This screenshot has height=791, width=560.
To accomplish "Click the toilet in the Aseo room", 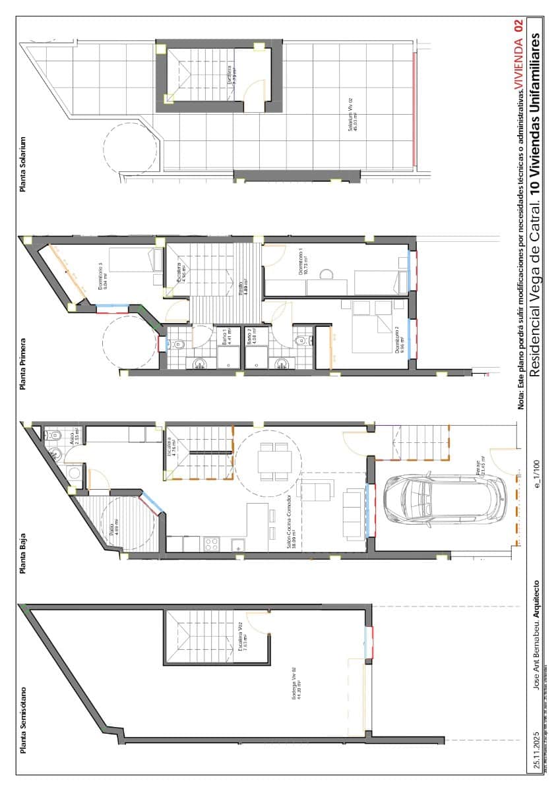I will (x=53, y=436).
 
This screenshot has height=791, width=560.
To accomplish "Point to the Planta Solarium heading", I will (x=23, y=164).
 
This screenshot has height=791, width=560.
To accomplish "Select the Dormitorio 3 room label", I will (x=100, y=276).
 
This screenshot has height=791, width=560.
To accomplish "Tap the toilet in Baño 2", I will (x=301, y=341).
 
